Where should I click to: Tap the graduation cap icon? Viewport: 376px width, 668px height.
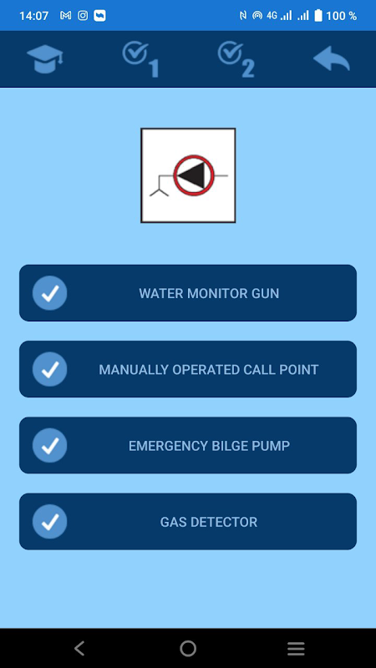pyautogui.click(x=45, y=59)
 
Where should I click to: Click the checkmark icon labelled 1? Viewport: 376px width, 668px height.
pyautogui.click(x=140, y=59)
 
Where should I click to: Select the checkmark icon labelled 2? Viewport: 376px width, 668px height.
pyautogui.click(x=236, y=59)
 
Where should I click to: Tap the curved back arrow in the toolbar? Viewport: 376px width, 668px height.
pyautogui.click(x=332, y=58)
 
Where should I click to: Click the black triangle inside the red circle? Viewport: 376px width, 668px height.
pyautogui.click(x=192, y=175)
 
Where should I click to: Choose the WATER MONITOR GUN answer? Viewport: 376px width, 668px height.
pyautogui.click(x=188, y=293)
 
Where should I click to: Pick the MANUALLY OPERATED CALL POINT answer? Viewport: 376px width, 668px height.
pyautogui.click(x=188, y=369)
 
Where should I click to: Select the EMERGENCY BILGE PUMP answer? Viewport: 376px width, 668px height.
pyautogui.click(x=188, y=446)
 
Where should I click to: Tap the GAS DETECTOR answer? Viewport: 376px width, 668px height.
pyautogui.click(x=188, y=522)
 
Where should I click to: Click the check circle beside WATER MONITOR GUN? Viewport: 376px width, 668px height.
pyautogui.click(x=50, y=293)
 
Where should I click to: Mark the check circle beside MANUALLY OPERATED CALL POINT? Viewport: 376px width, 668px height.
pyautogui.click(x=50, y=369)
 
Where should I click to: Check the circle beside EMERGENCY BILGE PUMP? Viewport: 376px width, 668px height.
pyautogui.click(x=50, y=446)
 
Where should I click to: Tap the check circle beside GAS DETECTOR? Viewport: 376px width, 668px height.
pyautogui.click(x=50, y=522)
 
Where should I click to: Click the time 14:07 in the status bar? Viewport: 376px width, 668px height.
pyautogui.click(x=33, y=16)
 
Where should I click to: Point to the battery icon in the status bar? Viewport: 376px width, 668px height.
pyautogui.click(x=318, y=16)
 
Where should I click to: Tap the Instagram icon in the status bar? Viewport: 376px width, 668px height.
pyautogui.click(x=83, y=16)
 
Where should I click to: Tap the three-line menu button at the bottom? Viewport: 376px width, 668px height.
pyautogui.click(x=296, y=649)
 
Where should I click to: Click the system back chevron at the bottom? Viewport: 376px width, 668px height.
pyautogui.click(x=79, y=649)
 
